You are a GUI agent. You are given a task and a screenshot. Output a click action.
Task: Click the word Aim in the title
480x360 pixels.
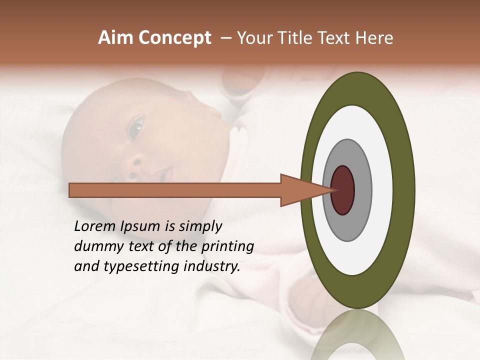click(x=114, y=38)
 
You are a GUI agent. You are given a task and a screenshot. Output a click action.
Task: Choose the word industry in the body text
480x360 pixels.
click(x=212, y=266)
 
